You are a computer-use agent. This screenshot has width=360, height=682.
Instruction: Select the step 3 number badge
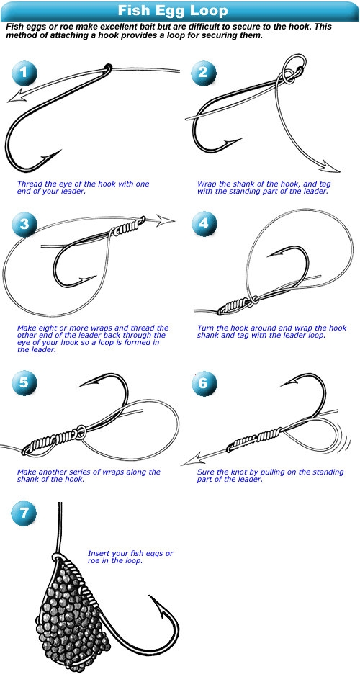click(24, 223)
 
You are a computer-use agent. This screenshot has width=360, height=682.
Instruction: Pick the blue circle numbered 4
click(204, 223)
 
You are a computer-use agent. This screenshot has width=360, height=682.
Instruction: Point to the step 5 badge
click(24, 382)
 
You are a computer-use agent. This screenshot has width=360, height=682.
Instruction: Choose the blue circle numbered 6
click(204, 382)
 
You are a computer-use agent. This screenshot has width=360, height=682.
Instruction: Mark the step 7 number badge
click(24, 513)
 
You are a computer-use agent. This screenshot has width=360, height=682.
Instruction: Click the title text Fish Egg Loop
click(173, 10)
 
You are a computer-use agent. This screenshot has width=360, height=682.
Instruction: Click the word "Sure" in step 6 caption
click(205, 472)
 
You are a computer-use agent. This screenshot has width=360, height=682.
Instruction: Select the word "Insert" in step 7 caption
click(98, 554)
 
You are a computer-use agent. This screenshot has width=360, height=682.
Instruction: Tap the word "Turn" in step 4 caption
click(205, 328)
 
